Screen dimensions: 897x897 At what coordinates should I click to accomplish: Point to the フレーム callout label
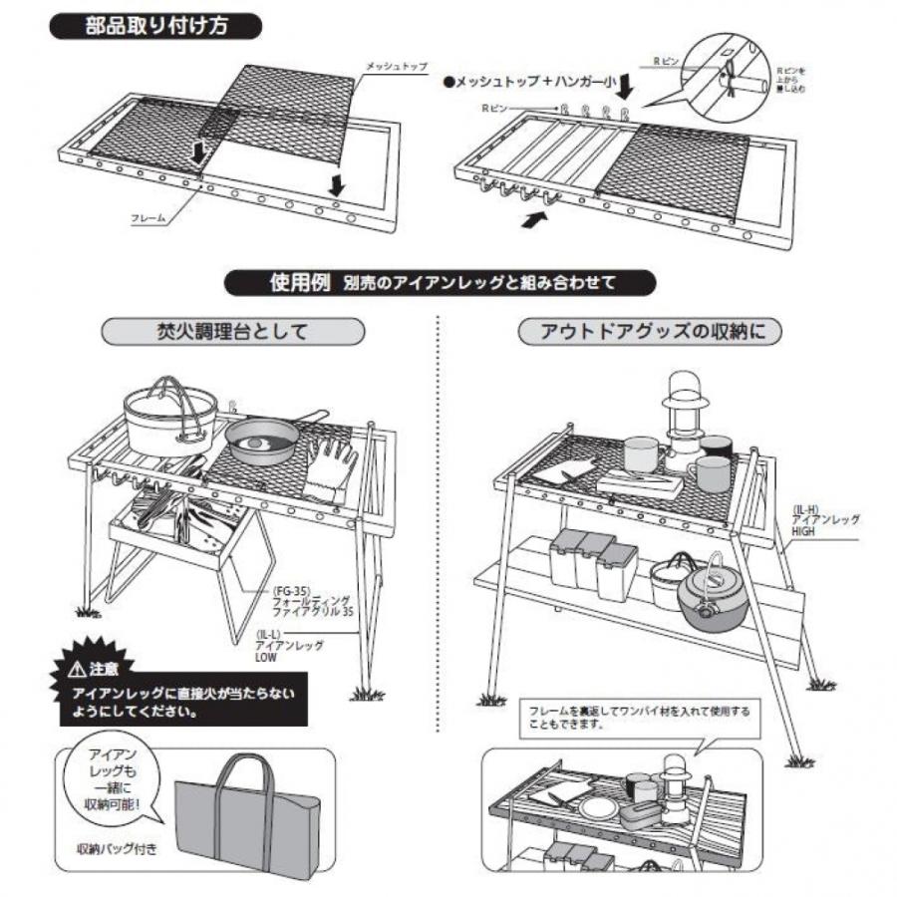tap(149, 216)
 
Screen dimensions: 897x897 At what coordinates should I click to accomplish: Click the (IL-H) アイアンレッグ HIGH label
tap(825, 519)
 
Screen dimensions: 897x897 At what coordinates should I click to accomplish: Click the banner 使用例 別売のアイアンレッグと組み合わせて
tap(442, 282)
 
